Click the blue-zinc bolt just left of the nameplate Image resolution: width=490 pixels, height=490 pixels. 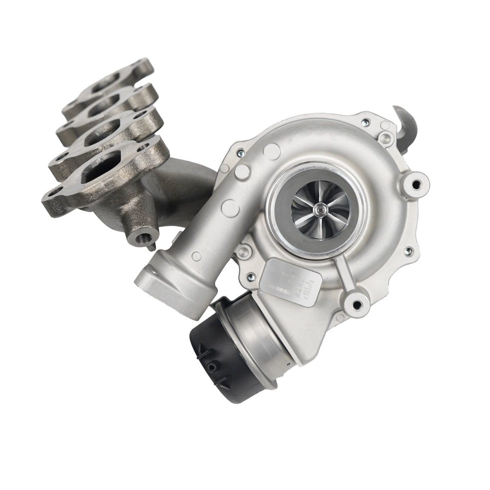coord(251,277)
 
